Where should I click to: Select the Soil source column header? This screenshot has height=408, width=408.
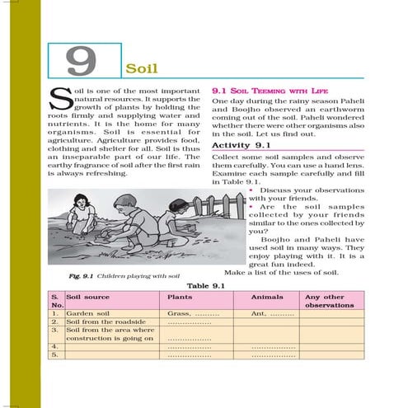[x=88, y=297]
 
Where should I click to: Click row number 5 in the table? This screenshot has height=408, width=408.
[x=54, y=355]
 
